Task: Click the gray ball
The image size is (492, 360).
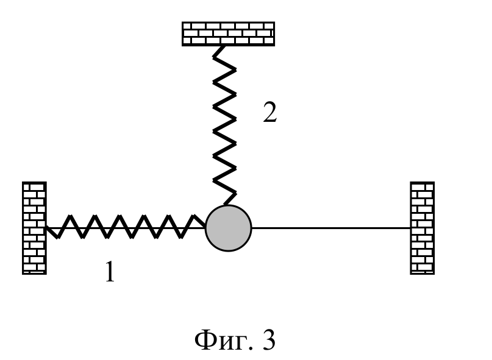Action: point(229,228)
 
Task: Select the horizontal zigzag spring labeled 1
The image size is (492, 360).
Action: point(126,227)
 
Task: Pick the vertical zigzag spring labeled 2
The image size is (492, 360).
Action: point(224,125)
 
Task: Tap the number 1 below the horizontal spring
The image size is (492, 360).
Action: point(110,272)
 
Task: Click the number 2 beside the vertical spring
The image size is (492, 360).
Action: point(270,112)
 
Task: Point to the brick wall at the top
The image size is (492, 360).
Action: point(229,34)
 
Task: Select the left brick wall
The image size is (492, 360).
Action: point(34,228)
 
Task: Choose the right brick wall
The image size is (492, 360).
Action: point(422,228)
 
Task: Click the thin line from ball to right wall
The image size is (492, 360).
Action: point(330,228)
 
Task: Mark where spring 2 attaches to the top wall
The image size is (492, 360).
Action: point(223,46)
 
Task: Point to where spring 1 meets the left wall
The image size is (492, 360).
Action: point(46,227)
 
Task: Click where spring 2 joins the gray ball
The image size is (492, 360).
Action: point(226,205)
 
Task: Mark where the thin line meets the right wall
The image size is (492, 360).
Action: point(410,228)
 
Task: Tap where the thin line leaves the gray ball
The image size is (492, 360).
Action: point(252,228)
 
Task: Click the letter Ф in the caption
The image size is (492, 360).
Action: point(205,340)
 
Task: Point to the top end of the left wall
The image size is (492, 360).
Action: point(34,182)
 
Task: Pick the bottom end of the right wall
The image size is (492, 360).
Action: point(422,274)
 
